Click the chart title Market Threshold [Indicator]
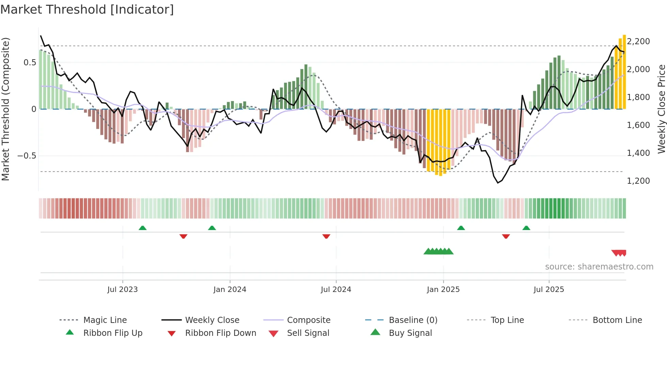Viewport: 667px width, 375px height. (x=87, y=10)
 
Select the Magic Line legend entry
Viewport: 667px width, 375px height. (x=105, y=320)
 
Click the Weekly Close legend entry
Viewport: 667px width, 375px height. (x=212, y=320)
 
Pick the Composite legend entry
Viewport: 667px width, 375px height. (x=308, y=320)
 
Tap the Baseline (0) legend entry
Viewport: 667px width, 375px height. (x=413, y=320)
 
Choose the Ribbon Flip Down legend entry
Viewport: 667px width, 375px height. (x=220, y=333)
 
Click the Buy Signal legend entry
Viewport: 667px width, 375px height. (x=410, y=333)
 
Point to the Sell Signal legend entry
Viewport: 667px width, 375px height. (x=308, y=333)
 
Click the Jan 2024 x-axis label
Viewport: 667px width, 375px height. (x=230, y=290)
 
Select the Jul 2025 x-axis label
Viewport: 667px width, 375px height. (x=549, y=290)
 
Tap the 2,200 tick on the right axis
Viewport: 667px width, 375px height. (x=638, y=42)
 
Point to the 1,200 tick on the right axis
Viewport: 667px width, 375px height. (x=638, y=181)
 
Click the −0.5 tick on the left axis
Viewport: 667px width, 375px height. (x=27, y=156)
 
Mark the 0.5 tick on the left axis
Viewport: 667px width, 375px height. (x=30, y=63)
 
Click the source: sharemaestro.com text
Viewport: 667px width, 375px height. (x=599, y=267)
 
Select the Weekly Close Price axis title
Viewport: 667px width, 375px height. (x=661, y=109)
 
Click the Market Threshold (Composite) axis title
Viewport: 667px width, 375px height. (x=5, y=109)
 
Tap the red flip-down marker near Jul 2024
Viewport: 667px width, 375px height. (x=326, y=236)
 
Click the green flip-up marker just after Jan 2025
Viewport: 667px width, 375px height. (x=461, y=228)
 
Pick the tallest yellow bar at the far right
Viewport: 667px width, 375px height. (x=624, y=71)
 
